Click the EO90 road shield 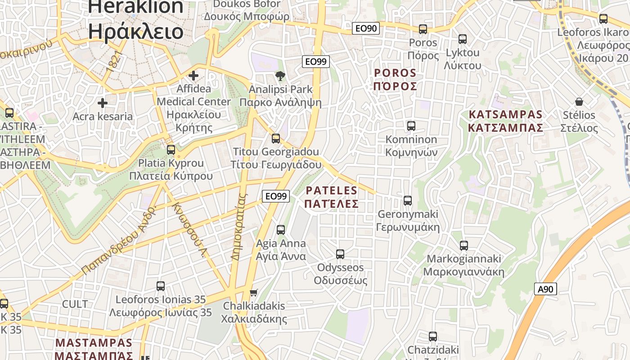(365, 28)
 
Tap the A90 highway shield (545, 289)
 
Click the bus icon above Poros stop (423, 29)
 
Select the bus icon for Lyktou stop (463, 39)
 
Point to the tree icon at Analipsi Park (281, 76)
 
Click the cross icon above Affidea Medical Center (193, 76)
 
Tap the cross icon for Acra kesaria (103, 103)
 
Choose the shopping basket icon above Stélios (579, 102)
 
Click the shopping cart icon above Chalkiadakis (254, 292)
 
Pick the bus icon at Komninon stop (411, 126)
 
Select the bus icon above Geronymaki (408, 201)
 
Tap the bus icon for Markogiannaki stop (464, 246)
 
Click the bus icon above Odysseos (340, 254)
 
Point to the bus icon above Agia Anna (281, 230)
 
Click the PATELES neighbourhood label (331, 197)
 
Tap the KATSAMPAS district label (505, 121)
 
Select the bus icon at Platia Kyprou (171, 150)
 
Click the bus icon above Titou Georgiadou (276, 139)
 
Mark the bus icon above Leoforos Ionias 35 (161, 286)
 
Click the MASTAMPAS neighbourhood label (94, 349)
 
